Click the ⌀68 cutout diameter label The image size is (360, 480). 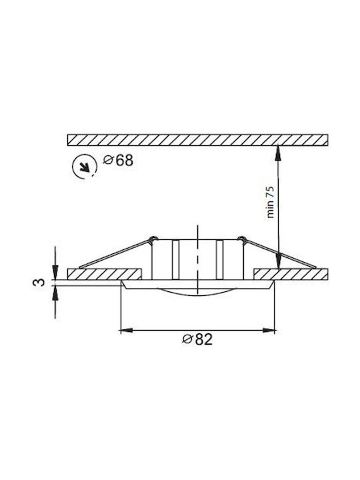click(118, 161)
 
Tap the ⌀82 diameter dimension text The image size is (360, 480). click(197, 339)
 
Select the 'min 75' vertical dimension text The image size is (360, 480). click(270, 202)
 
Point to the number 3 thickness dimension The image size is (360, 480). click(39, 282)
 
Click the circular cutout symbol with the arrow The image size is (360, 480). click(84, 167)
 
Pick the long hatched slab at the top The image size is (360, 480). click(197, 139)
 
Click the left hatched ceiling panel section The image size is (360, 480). click(104, 274)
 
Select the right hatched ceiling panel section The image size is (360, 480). click(291, 274)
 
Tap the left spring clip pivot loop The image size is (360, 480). click(153, 239)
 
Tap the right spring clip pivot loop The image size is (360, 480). click(242, 239)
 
